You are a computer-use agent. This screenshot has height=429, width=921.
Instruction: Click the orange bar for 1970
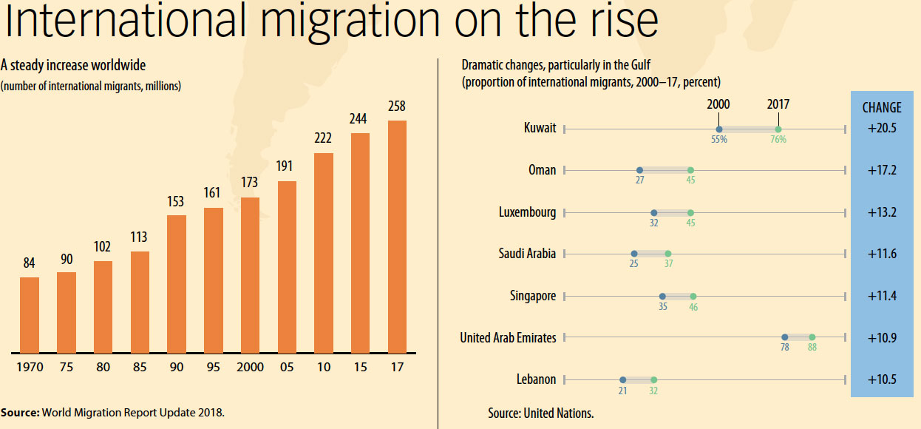click(30, 314)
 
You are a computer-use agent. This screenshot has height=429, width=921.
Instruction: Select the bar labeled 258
click(397, 236)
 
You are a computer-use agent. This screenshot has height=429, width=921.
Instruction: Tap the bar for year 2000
click(251, 274)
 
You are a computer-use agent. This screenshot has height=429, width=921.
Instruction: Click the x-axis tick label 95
click(214, 368)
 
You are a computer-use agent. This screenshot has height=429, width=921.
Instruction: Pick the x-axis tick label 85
click(140, 368)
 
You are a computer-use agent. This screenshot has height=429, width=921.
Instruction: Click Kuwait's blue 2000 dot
click(719, 129)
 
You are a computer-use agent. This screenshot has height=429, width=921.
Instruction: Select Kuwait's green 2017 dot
click(778, 129)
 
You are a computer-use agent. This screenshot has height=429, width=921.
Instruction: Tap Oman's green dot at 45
click(690, 170)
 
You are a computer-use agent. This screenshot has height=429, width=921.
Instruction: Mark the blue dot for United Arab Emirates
click(785, 337)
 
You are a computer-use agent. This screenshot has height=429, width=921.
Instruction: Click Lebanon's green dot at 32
click(653, 379)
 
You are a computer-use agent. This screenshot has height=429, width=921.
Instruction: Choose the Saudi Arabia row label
click(527, 254)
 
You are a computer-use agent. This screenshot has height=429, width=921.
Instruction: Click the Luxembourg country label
click(527, 212)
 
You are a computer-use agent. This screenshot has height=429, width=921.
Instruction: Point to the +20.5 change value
click(882, 129)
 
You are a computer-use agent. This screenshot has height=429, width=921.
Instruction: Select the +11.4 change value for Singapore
click(882, 296)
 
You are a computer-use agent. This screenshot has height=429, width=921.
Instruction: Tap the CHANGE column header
click(882, 108)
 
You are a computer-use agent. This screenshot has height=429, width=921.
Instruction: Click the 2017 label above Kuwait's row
click(778, 105)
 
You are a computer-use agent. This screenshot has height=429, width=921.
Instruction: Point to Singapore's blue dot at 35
click(662, 296)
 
